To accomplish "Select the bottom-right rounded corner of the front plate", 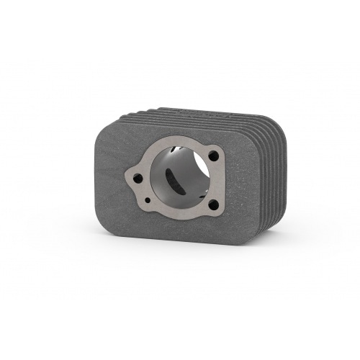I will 254,238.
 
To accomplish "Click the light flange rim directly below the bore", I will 180,216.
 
